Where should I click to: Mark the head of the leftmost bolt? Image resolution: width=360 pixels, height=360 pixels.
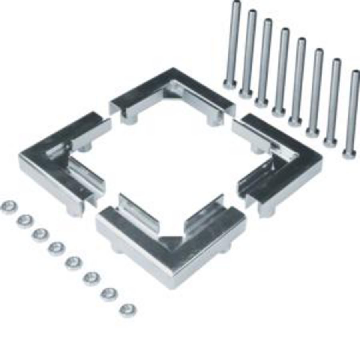point(230,84)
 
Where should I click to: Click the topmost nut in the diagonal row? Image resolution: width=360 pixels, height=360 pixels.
point(9,207)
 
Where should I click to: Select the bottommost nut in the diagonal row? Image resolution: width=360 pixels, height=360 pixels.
point(127,309)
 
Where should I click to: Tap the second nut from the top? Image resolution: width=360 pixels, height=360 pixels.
point(25,220)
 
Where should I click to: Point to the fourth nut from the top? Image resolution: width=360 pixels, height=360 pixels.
point(57,249)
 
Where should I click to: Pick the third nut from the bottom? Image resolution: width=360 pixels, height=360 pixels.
point(92,278)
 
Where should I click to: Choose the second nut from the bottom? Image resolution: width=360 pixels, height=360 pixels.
point(109,294)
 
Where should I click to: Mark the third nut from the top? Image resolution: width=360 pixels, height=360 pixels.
point(40,235)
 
